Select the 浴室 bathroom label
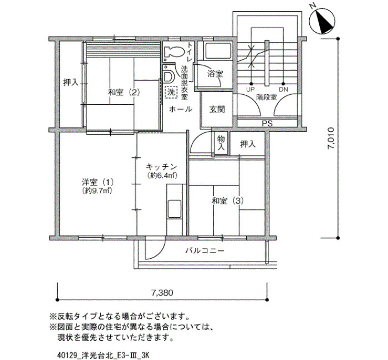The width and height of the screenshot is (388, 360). (215, 74)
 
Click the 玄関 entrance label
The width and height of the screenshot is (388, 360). (217, 109)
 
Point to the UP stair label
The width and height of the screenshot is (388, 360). (250, 90)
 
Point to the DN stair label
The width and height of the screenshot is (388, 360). (283, 90)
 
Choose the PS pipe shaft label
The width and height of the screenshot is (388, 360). (267, 124)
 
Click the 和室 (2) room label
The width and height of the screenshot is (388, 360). (124, 92)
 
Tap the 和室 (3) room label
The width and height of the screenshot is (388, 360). (228, 200)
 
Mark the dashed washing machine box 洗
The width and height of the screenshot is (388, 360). (171, 92)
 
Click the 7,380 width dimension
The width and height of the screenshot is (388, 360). (162, 293)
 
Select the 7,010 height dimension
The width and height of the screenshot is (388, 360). (330, 138)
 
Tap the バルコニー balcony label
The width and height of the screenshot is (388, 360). (205, 251)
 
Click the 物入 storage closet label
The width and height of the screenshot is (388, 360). (221, 143)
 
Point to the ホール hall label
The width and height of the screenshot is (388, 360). (180, 109)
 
